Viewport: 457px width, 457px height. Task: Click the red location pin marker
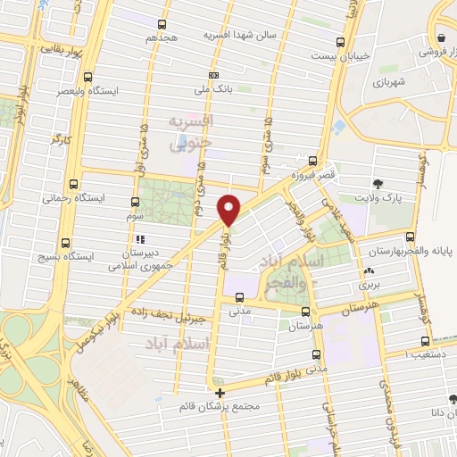click(230, 208)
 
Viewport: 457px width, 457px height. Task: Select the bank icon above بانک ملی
click(212, 76)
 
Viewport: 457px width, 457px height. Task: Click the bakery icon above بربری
click(370, 271)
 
